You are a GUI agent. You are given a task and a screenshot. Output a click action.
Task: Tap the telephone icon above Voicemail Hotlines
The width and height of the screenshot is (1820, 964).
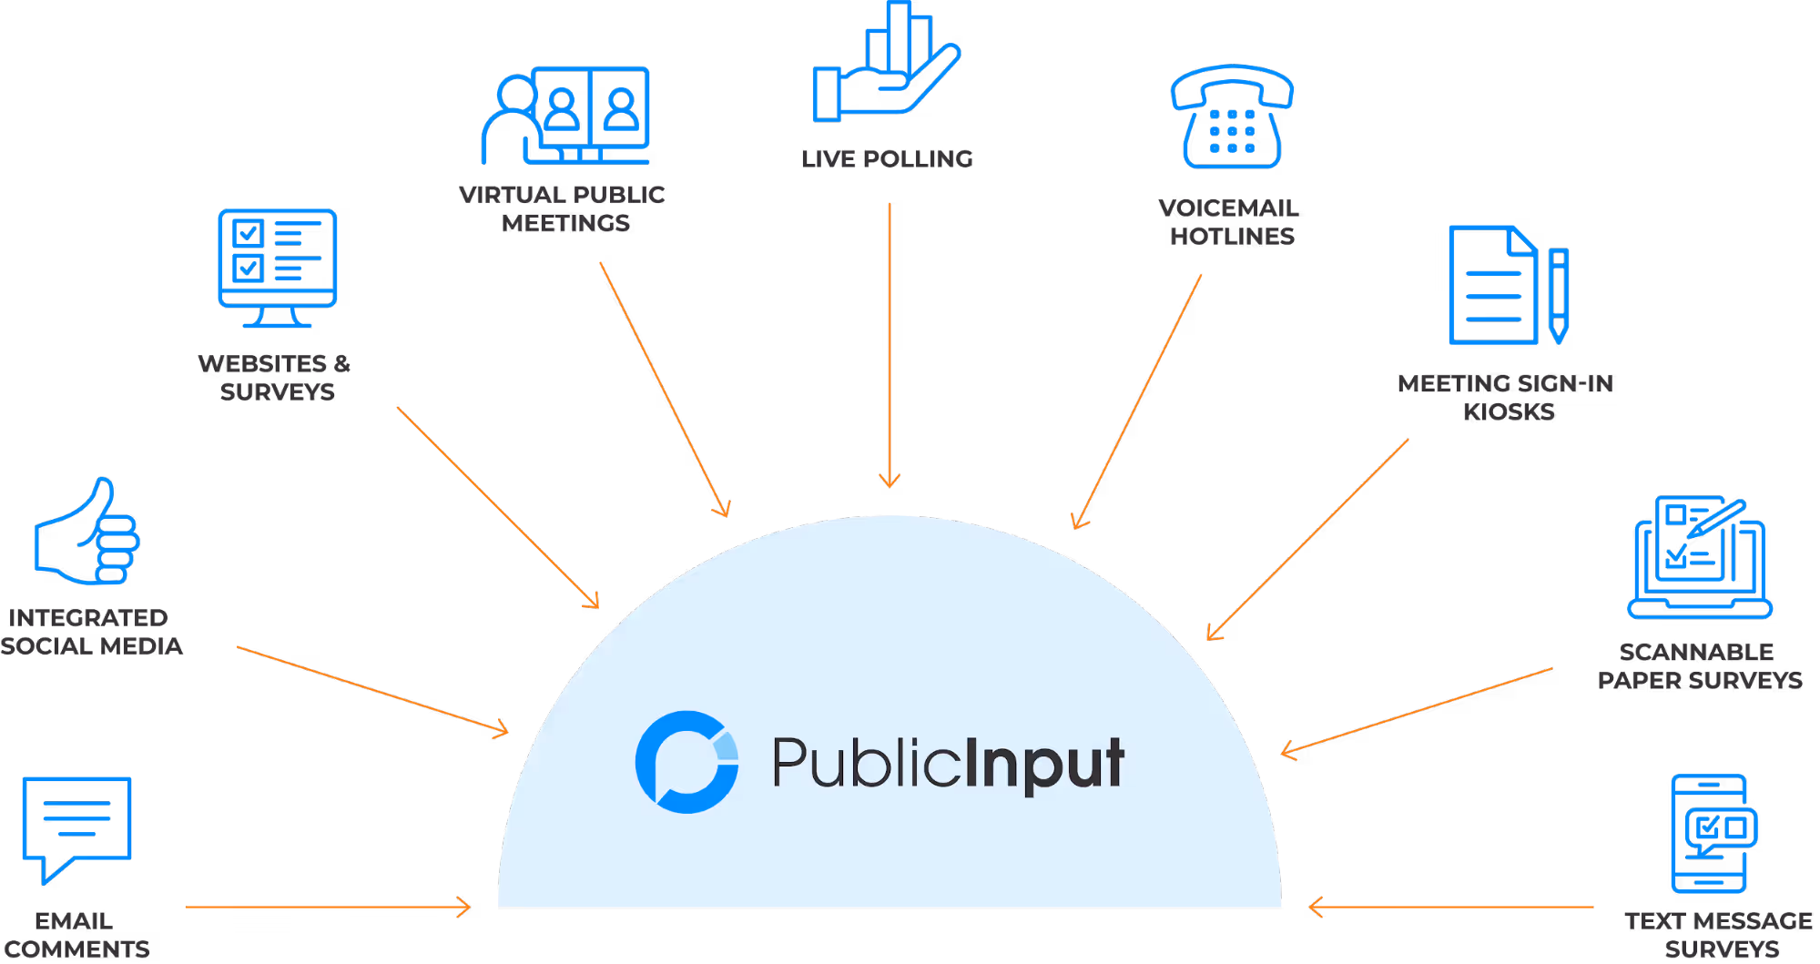[x=1232, y=117]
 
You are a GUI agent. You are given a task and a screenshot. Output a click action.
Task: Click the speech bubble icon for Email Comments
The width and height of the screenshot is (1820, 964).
[x=76, y=824]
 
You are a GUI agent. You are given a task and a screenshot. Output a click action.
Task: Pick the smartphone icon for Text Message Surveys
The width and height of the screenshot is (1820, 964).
[x=1711, y=833]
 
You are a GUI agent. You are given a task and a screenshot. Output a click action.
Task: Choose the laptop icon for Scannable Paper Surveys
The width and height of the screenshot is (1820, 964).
[x=1700, y=557]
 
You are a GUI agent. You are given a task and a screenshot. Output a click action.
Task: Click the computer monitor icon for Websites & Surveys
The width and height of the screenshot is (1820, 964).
[x=278, y=267]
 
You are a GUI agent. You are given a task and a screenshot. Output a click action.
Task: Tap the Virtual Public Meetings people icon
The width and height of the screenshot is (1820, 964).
[x=566, y=116]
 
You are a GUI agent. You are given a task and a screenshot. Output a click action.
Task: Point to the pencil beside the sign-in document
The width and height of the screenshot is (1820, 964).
[x=1559, y=296]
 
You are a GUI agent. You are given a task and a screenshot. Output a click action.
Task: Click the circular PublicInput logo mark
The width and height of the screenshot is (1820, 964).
[x=687, y=762]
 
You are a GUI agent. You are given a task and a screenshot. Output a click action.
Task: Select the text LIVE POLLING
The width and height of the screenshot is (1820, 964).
[x=887, y=159]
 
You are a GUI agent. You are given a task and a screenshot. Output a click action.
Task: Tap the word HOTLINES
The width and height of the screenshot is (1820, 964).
[x=1232, y=237]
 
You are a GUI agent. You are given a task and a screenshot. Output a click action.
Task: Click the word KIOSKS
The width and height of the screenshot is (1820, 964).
[x=1509, y=412]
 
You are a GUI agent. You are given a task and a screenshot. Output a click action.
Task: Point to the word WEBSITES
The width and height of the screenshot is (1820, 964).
[x=262, y=364]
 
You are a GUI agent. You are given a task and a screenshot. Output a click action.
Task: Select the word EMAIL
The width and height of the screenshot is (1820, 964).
[x=74, y=921]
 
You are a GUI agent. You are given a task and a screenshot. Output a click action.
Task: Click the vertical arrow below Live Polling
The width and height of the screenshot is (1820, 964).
[x=890, y=346]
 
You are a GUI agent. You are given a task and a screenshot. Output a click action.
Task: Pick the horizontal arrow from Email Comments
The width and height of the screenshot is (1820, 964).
[x=328, y=907]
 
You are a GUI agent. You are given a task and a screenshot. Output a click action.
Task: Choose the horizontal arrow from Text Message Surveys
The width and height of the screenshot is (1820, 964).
[x=1451, y=907]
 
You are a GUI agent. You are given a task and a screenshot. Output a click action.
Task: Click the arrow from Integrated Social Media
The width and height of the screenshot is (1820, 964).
[x=372, y=689]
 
